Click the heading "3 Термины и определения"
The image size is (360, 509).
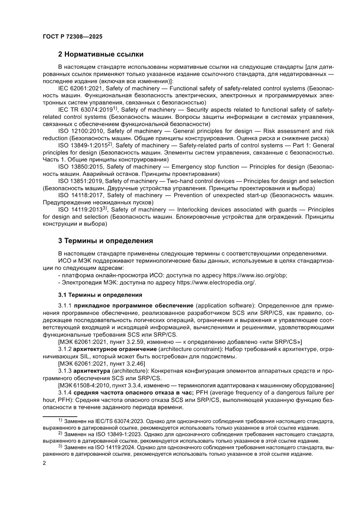[x=105, y=240]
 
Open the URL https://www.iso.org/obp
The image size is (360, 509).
[x=255, y=275]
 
